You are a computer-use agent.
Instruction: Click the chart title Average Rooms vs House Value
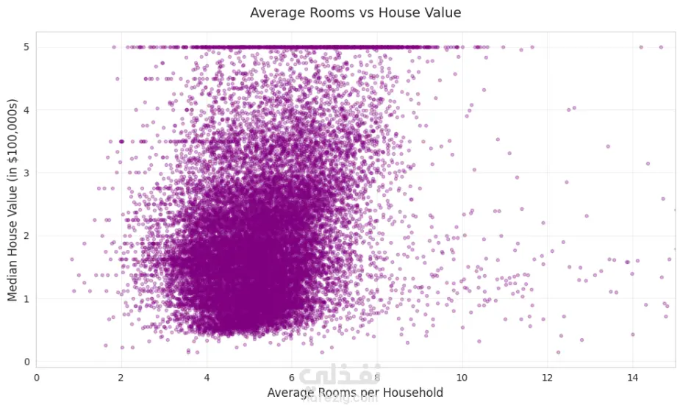355,12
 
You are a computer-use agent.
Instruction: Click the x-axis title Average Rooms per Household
355,393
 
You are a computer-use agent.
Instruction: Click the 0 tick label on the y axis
26,362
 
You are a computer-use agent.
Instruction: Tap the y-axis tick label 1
26,298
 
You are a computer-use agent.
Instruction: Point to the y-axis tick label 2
26,236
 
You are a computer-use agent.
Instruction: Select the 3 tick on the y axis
26,173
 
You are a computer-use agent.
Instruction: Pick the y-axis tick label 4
26,110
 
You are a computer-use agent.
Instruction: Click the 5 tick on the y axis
26,47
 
